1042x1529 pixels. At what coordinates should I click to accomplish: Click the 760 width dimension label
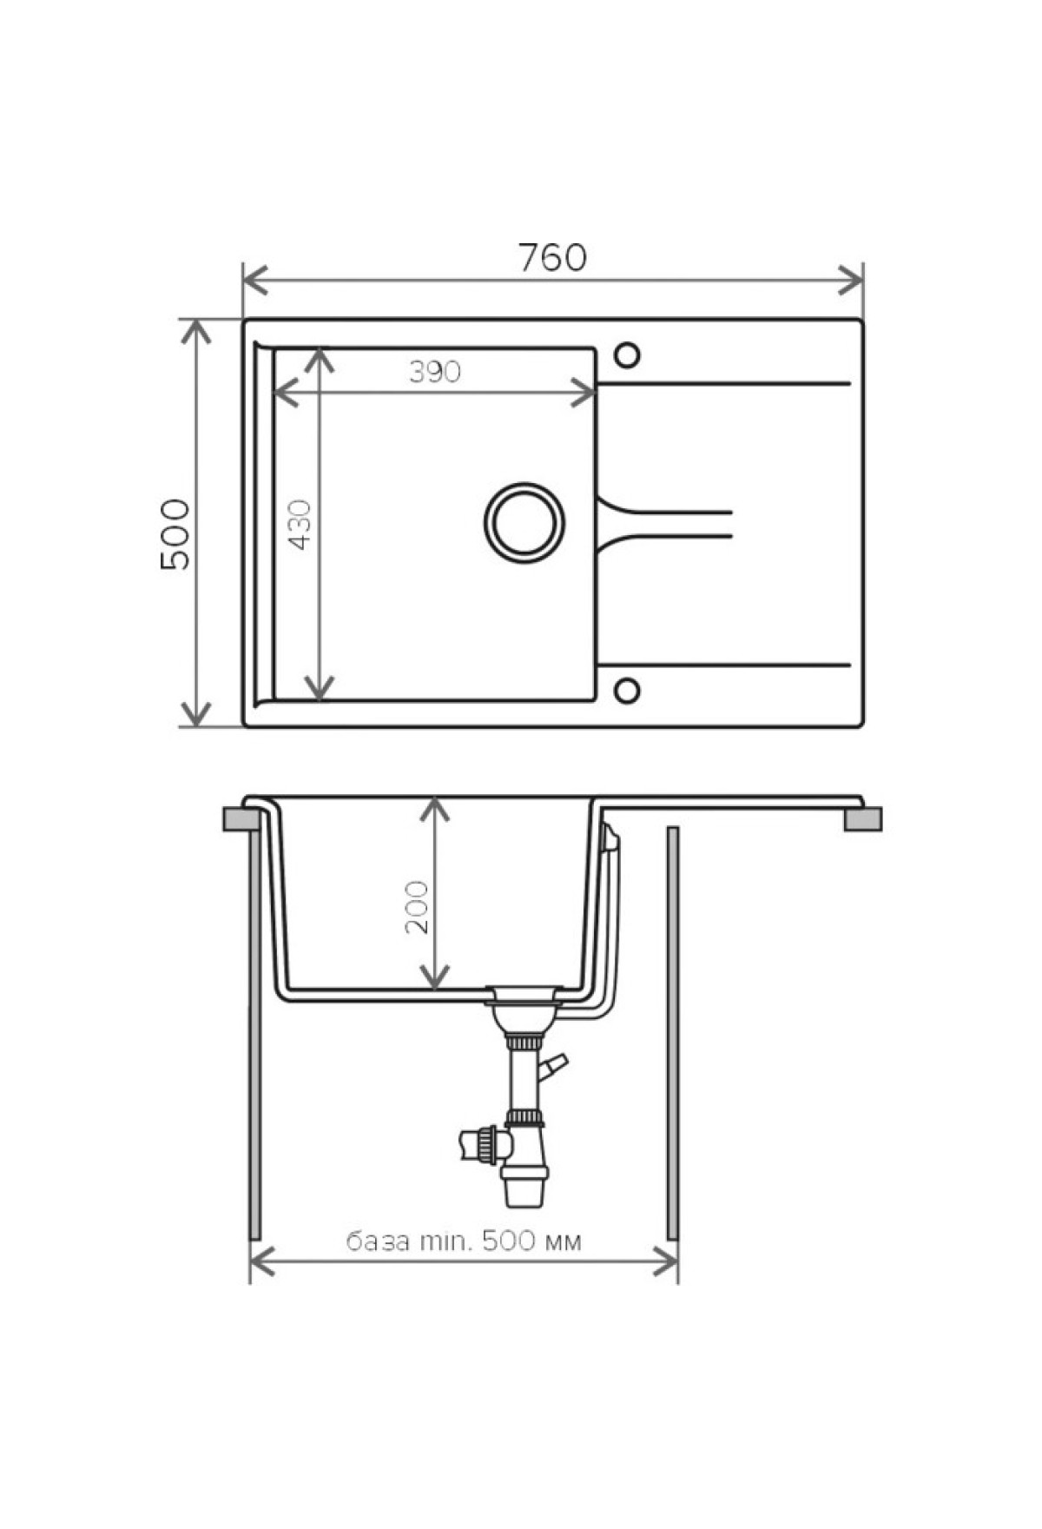(x=553, y=257)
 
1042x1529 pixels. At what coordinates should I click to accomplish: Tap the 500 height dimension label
(x=175, y=533)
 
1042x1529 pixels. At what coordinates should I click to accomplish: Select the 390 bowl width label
(x=435, y=372)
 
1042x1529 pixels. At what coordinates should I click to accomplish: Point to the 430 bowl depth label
(x=300, y=524)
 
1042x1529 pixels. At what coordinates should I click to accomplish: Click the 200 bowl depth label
(x=417, y=907)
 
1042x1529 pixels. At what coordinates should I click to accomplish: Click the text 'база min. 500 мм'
(x=465, y=1241)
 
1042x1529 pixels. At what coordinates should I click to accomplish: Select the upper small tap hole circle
(x=626, y=355)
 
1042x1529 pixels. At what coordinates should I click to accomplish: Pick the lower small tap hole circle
(x=626, y=691)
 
